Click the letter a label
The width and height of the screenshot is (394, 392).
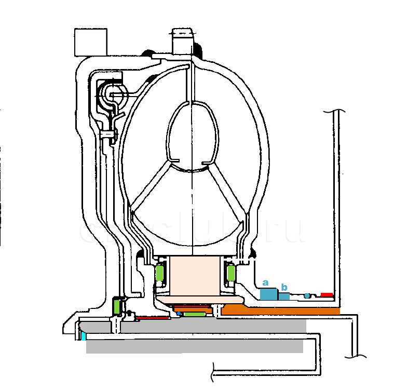tap(265, 283)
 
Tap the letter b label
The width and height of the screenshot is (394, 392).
tap(284, 287)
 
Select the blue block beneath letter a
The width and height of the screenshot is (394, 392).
tap(268, 294)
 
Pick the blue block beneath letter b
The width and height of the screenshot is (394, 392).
tap(284, 296)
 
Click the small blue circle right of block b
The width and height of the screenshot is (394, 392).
tap(307, 296)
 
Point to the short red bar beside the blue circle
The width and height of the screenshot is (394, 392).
tap(327, 294)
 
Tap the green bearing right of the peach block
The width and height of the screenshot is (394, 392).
tap(230, 273)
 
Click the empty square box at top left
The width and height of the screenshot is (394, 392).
tap(91, 42)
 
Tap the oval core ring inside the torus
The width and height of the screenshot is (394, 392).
tap(192, 136)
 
